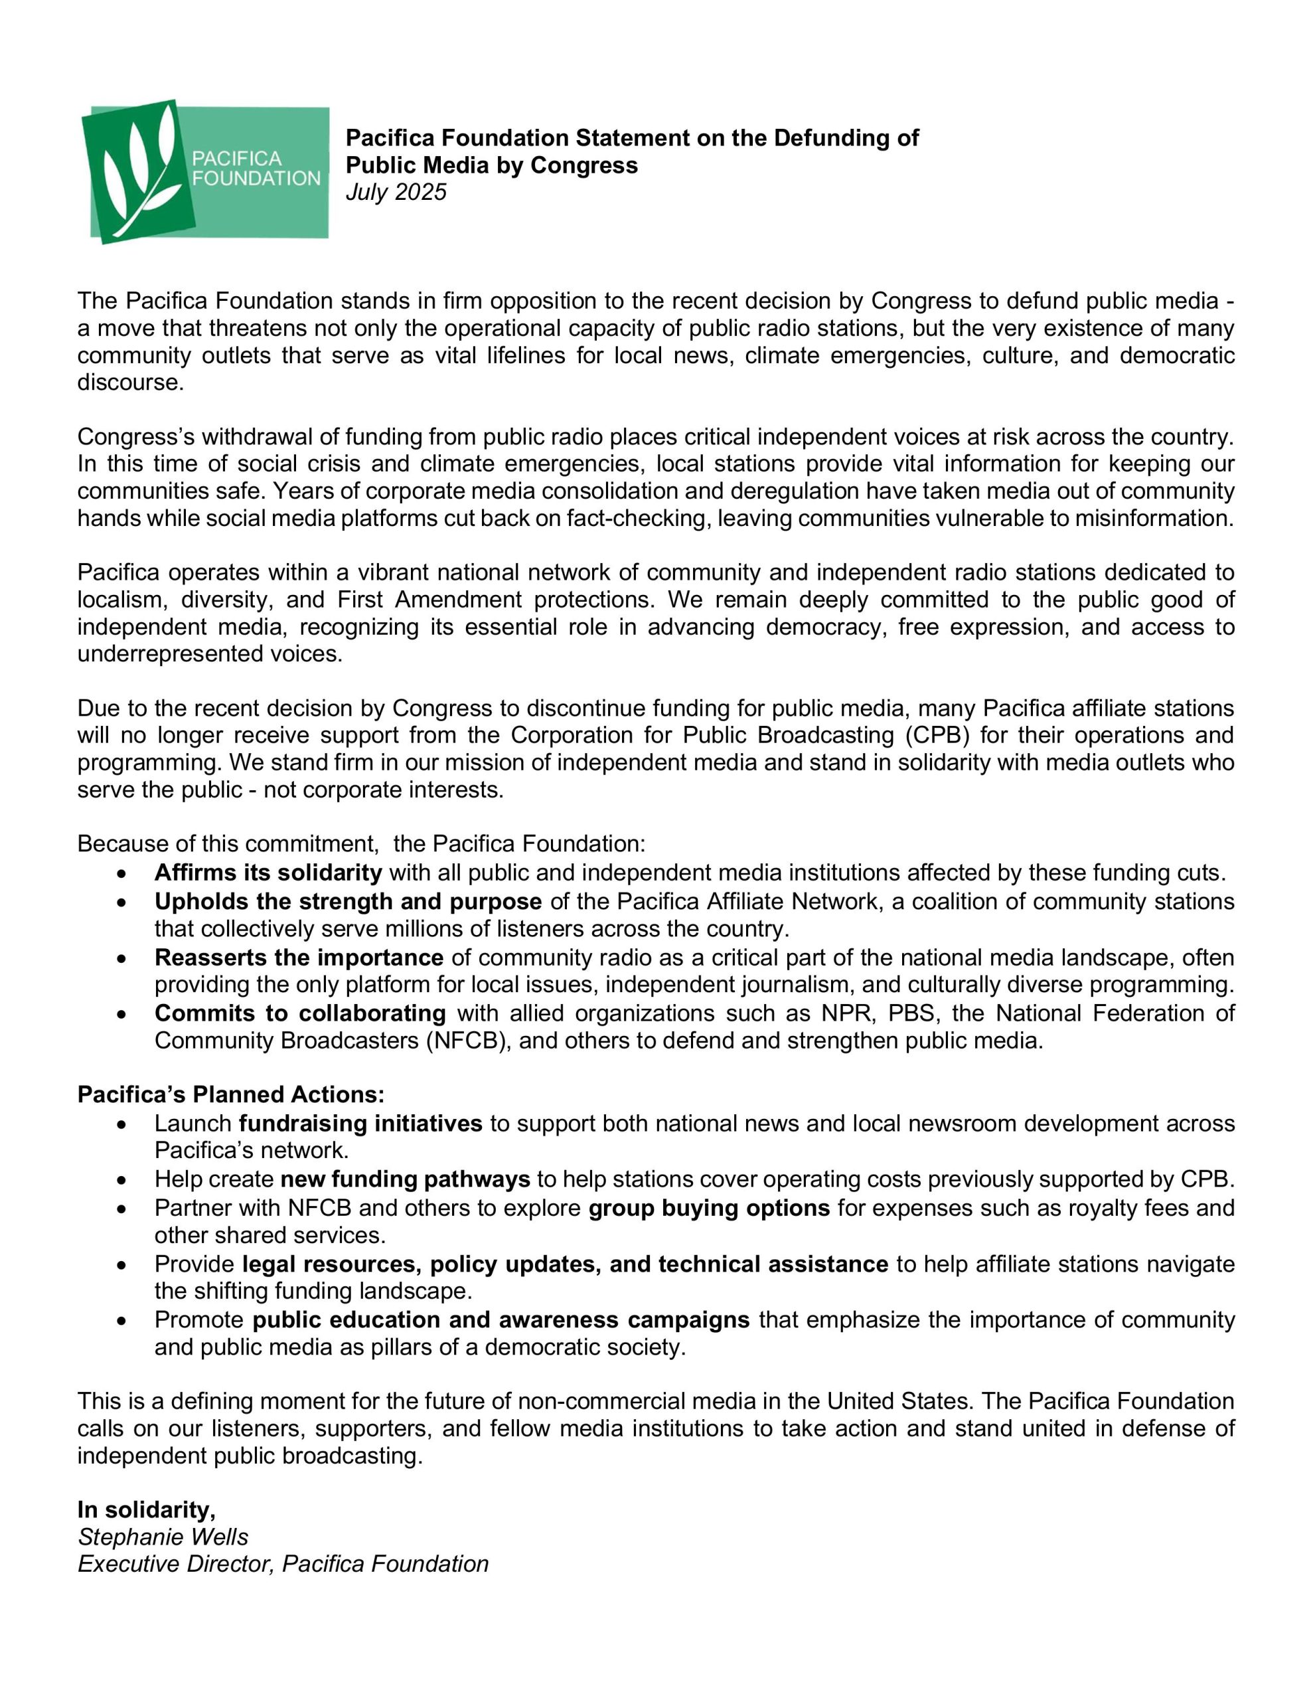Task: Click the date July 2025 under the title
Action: (x=396, y=193)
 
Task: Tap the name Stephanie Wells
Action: (x=163, y=1537)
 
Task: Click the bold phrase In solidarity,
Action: (x=146, y=1509)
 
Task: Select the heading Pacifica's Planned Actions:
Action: (x=231, y=1094)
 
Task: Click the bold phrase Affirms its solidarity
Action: (x=268, y=873)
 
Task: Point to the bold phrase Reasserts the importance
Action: (x=298, y=957)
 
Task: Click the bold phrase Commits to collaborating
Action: (x=299, y=1013)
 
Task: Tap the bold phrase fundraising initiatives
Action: (x=360, y=1123)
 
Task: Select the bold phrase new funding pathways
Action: (x=405, y=1179)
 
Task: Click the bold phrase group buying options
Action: (x=709, y=1207)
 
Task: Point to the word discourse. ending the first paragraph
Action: (x=130, y=382)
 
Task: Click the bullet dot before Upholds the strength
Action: (x=121, y=902)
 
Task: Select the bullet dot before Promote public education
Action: (x=121, y=1320)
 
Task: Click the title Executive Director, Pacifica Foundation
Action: (x=283, y=1564)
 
